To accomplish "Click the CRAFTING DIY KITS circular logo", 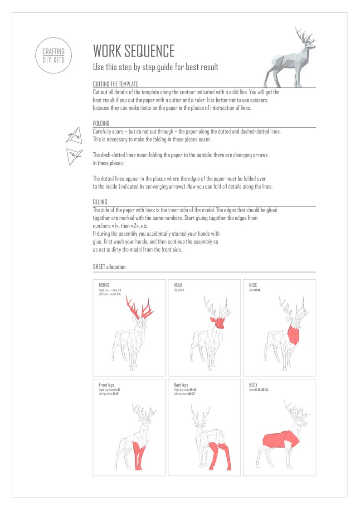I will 53,55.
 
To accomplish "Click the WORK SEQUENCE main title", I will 133,50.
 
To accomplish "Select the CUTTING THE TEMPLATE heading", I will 115,84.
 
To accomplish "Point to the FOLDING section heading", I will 101,123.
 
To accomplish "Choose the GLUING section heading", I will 100,202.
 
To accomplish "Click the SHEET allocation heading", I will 109,267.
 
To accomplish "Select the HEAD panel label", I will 178,285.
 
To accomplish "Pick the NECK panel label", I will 253,285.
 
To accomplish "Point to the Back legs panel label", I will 181,385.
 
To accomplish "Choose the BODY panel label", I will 253,385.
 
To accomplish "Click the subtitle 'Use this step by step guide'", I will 156,67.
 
